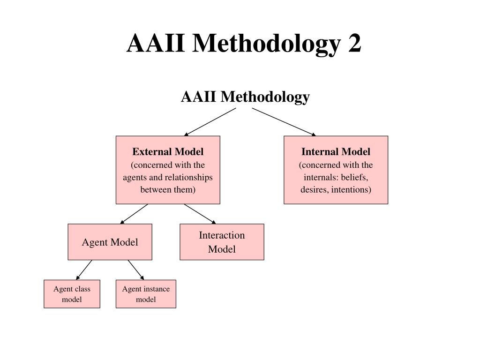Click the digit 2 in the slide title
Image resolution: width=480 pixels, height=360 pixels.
(354, 44)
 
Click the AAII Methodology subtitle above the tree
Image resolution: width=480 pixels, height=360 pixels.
(245, 97)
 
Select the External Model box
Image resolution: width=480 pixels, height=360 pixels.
(168, 170)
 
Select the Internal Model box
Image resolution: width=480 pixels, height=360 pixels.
(336, 170)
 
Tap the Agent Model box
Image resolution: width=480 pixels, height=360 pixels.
(110, 242)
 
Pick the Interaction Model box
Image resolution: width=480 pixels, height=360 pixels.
(222, 242)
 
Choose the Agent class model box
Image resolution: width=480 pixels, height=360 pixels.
(72, 294)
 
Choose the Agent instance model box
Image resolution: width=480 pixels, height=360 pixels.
(146, 294)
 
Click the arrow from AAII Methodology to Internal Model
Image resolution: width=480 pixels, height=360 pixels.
(284, 122)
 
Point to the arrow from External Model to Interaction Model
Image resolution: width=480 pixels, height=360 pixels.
(200, 214)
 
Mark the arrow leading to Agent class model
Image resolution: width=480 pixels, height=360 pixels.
(84, 270)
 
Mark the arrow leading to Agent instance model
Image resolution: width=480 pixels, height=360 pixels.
(136, 270)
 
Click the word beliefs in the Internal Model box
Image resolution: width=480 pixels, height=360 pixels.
(354, 178)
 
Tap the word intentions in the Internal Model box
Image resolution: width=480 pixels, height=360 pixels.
(352, 190)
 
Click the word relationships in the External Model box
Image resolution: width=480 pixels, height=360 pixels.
(188, 178)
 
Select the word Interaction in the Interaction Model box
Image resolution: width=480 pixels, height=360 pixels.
(222, 235)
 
